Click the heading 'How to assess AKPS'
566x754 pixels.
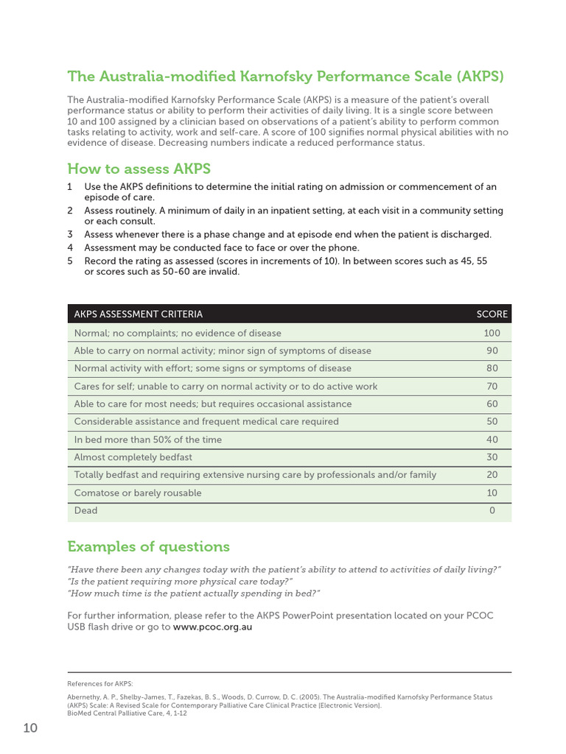[139, 168]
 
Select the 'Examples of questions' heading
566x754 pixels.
[148, 546]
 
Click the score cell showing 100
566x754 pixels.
[492, 333]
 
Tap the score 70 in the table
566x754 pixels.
[492, 386]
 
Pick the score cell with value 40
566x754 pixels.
[492, 440]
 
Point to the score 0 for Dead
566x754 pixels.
[492, 510]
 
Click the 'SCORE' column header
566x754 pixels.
[492, 314]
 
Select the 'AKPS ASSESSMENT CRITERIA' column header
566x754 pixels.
[138, 314]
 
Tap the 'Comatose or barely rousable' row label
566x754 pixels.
[137, 493]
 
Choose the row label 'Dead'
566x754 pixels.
[85, 510]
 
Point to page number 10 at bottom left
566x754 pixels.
[30, 728]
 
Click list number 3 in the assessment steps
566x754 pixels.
[70, 234]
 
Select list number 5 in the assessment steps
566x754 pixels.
[70, 261]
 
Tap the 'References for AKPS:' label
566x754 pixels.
[100, 683]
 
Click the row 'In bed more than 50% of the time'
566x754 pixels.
[147, 440]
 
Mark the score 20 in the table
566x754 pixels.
[492, 475]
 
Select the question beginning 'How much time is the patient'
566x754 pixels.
[193, 593]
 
